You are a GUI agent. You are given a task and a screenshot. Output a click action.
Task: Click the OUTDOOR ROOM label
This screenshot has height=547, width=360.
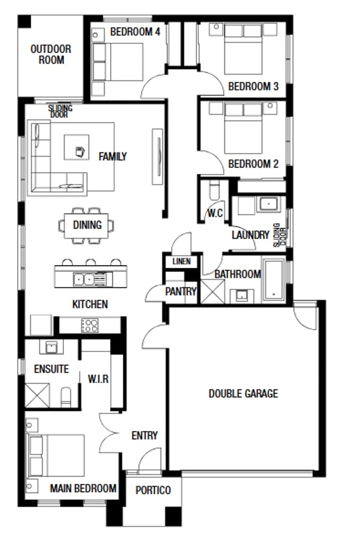click(x=51, y=55)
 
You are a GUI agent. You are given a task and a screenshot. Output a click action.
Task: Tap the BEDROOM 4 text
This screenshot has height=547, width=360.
click(x=135, y=32)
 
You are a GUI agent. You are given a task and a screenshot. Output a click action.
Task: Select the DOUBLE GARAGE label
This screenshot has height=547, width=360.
click(x=243, y=393)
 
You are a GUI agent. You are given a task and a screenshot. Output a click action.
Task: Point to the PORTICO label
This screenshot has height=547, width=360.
click(x=153, y=490)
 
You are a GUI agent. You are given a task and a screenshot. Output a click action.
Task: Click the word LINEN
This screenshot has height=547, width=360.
click(x=182, y=261)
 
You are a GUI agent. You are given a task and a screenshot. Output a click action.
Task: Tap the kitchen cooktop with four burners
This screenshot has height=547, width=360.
click(x=90, y=326)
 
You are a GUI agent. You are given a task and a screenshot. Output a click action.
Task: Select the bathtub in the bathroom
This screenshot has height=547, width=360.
click(x=274, y=280)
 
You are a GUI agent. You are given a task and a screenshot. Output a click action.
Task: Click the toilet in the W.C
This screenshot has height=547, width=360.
click(x=215, y=190)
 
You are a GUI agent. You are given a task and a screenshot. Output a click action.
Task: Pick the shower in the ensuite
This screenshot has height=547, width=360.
click(x=37, y=395)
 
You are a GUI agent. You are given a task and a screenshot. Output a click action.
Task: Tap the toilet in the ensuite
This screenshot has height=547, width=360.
click(x=66, y=397)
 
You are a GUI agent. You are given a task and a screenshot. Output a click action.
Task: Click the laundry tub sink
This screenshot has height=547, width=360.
click(x=268, y=204)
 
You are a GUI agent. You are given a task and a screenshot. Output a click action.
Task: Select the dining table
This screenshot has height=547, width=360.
click(x=86, y=225)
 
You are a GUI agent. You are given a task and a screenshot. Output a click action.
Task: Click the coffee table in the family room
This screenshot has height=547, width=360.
click(x=77, y=147)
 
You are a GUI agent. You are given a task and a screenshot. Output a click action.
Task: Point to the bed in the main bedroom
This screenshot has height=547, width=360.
click(x=57, y=455)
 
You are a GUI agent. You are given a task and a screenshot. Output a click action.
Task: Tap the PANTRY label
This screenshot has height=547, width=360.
click(x=181, y=291)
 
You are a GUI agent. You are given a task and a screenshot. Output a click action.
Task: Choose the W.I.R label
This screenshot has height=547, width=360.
click(x=98, y=379)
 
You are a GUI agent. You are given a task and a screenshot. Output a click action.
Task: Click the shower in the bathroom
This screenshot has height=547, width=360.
click(x=213, y=291)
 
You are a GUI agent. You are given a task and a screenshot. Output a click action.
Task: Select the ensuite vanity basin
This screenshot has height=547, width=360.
click(x=51, y=347)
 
